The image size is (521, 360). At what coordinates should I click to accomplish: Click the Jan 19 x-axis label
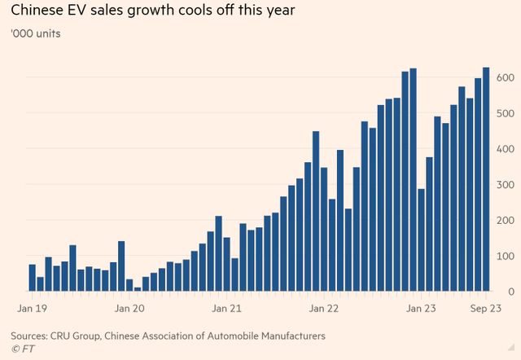coord(33,309)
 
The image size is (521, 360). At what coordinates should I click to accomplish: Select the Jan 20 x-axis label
coord(130,309)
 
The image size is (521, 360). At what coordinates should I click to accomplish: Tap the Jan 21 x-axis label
coord(227,309)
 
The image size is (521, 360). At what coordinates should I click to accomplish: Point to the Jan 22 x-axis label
coord(325,309)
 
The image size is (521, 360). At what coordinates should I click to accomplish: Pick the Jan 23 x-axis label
coord(422,309)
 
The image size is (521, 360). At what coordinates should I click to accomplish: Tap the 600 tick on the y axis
coord(505,77)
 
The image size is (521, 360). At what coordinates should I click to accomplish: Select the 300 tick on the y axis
coord(505,185)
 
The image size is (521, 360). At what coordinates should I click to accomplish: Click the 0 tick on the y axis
coord(510,292)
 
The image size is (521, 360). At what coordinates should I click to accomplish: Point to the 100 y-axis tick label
coord(505,256)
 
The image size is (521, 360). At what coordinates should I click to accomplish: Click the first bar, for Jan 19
coord(33,278)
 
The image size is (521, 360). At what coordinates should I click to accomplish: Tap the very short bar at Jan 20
coord(138,288)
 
